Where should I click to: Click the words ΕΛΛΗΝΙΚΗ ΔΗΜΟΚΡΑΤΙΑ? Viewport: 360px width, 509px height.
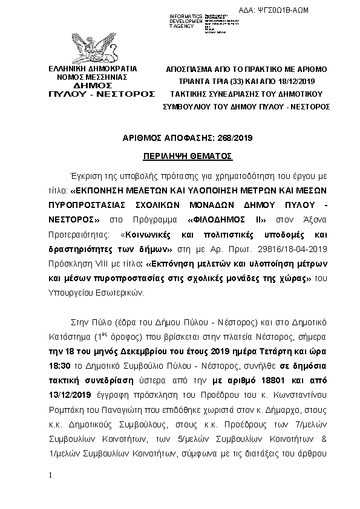point(93,69)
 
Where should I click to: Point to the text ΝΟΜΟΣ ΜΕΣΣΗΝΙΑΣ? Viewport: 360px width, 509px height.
point(92,77)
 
